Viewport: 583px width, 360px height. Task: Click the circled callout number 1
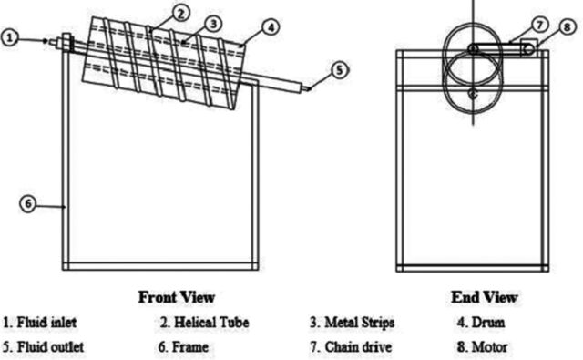tap(10, 38)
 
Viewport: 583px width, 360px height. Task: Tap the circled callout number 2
tap(180, 14)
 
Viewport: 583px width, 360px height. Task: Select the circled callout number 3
tap(213, 24)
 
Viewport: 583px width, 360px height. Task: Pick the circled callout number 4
tap(271, 27)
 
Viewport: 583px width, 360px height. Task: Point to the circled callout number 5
tap(339, 70)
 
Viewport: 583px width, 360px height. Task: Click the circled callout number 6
tap(28, 204)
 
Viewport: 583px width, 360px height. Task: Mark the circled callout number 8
tap(567, 26)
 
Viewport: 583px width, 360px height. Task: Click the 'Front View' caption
tap(177, 297)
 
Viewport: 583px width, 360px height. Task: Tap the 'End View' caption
tap(485, 297)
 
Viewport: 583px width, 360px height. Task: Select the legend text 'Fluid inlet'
tap(46, 323)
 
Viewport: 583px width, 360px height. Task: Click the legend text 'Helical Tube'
tap(211, 323)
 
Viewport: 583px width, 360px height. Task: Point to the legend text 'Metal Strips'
tap(360, 323)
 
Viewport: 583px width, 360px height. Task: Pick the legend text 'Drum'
tap(488, 323)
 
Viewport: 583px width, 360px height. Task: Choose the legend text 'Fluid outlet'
tap(51, 347)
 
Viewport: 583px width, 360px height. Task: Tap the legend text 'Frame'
tap(190, 347)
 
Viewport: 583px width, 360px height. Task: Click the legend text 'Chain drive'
tap(358, 347)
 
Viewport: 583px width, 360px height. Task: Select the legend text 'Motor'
tap(490, 347)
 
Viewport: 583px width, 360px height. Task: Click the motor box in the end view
tap(528, 46)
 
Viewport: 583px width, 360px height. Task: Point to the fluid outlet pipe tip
tap(309, 89)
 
